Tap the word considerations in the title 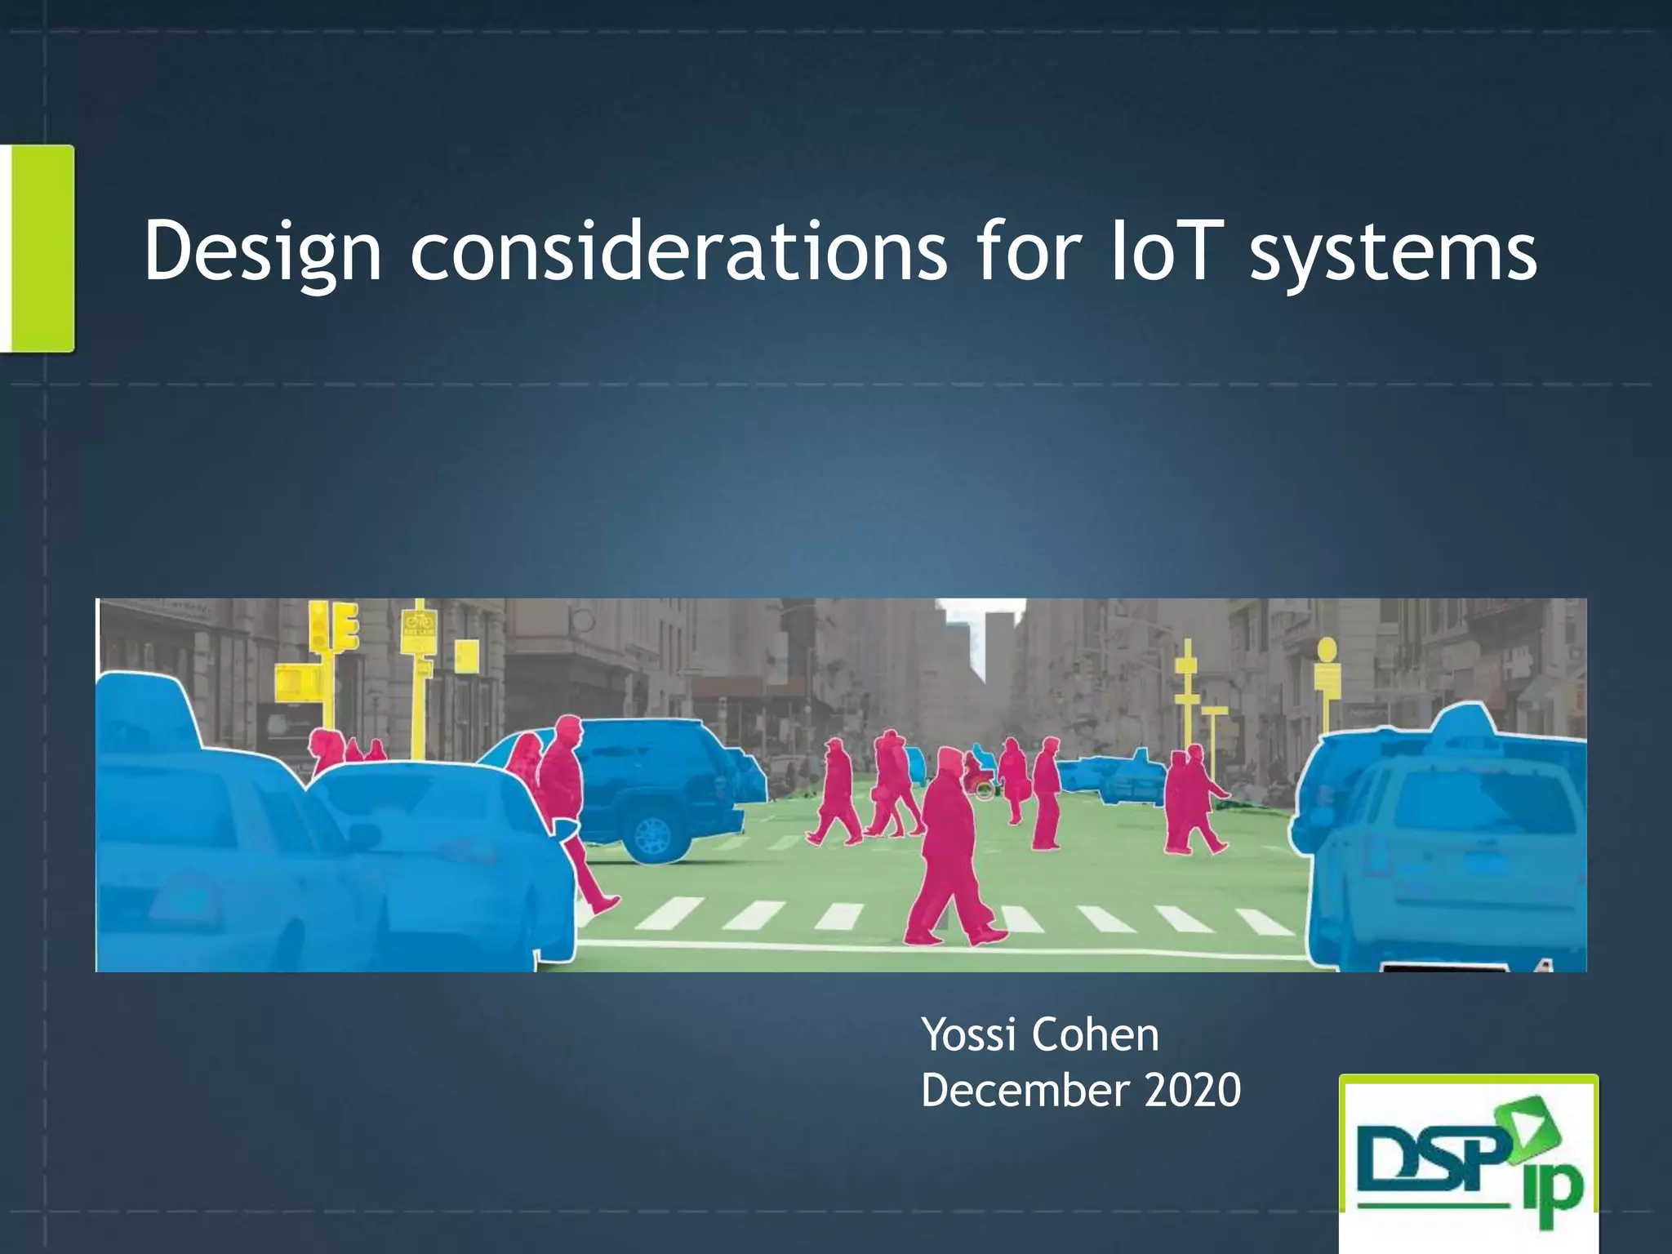click(x=678, y=251)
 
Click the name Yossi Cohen click(x=1039, y=1035)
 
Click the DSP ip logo click(x=1468, y=1163)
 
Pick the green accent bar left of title click(x=38, y=248)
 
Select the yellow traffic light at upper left click(x=333, y=629)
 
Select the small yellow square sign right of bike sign click(x=466, y=656)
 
